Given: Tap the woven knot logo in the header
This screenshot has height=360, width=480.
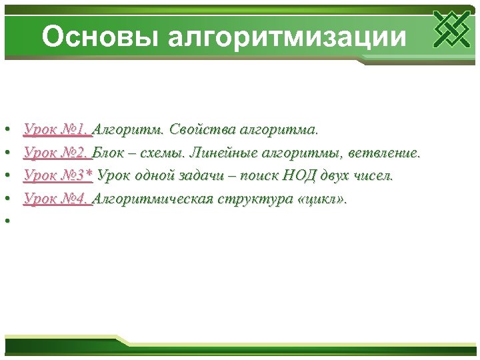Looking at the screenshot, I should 451,29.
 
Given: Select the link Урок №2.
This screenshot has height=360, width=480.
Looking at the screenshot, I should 57,152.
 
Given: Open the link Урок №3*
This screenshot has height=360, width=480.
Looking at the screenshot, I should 59,175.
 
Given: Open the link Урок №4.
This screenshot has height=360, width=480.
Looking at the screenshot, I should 57,199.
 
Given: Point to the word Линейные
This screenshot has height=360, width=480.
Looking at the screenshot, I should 223,152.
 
